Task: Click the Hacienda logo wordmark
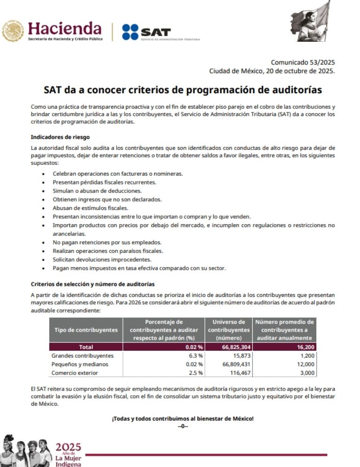(65, 29)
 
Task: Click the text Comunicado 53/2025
(303, 62)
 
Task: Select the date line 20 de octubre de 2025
(272, 71)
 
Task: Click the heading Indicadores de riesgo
(60, 137)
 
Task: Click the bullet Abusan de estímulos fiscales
(90, 208)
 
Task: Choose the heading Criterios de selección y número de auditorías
(92, 284)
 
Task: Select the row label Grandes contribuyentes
(82, 356)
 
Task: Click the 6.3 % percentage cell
(195, 356)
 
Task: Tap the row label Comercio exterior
(75, 372)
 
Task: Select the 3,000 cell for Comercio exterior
(305, 372)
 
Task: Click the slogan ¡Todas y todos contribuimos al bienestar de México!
(182, 418)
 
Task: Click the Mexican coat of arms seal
(13, 31)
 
